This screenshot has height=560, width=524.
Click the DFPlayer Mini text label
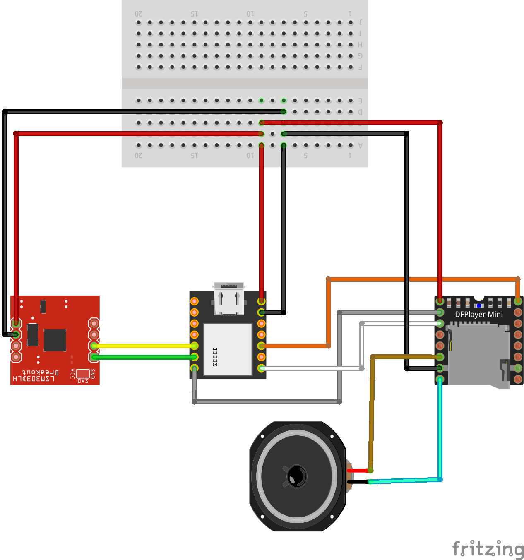click(479, 315)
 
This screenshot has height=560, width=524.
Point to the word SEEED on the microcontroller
click(215, 356)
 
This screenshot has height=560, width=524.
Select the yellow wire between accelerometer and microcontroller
click(144, 346)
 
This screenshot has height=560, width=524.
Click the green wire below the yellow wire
click(144, 357)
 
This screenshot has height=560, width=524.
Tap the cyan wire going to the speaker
click(440, 430)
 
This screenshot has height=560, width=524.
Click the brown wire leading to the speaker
click(372, 414)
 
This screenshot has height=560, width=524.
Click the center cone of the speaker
click(296, 476)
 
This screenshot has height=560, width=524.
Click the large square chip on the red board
click(55, 340)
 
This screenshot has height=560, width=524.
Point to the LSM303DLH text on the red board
click(34, 379)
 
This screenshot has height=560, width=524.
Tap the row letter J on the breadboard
click(360, 22)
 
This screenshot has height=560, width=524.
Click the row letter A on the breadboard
click(360, 145)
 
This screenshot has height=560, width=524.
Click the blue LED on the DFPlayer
click(479, 306)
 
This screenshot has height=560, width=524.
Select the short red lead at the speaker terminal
click(358, 471)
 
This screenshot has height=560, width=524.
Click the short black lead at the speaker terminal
click(358, 482)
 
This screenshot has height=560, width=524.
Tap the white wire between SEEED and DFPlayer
click(310, 368)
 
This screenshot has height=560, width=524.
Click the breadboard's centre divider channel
click(244, 84)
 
